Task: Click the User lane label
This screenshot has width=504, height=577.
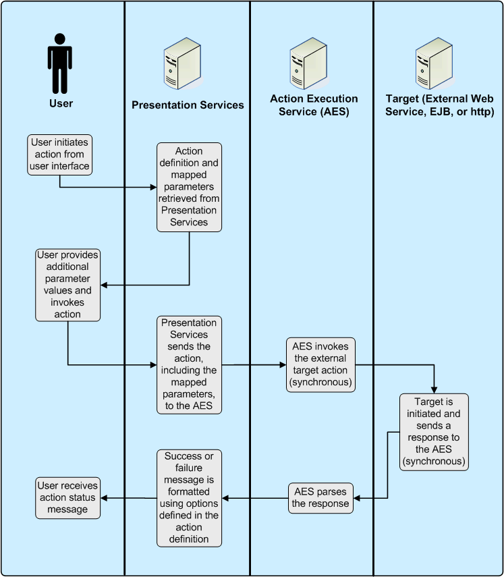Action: click(x=61, y=104)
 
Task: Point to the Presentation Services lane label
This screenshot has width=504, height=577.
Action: click(x=188, y=105)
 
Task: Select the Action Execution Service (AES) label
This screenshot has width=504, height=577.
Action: click(x=314, y=105)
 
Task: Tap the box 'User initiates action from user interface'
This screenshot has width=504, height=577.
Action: click(x=60, y=154)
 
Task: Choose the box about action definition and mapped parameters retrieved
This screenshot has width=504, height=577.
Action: click(x=189, y=187)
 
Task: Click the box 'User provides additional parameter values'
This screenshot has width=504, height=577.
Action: click(x=67, y=285)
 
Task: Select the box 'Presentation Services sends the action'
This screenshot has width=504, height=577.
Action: click(x=189, y=364)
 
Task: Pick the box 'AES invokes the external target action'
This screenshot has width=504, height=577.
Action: click(x=320, y=365)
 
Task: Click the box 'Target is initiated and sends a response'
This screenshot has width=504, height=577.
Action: click(x=432, y=431)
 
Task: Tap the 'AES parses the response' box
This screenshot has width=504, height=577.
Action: click(x=320, y=498)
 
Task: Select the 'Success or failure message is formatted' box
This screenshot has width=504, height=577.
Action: click(x=189, y=498)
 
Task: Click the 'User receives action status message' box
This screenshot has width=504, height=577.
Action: click(x=67, y=498)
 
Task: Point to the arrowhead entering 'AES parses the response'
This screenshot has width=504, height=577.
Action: click(x=358, y=499)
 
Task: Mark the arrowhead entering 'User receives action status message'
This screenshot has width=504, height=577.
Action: click(x=105, y=499)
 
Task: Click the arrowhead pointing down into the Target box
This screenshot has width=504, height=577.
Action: click(x=433, y=389)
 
